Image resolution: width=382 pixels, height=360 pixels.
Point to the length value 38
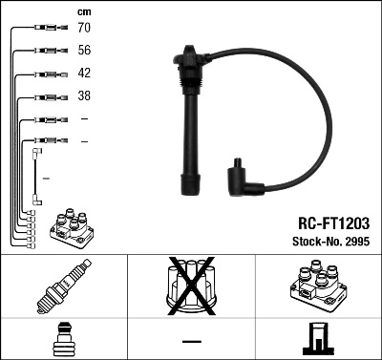(x=84, y=96)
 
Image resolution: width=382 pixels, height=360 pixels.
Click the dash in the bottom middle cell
(x=191, y=340)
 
